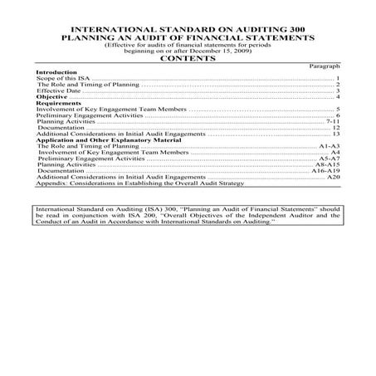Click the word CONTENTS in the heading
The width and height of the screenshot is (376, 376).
(188, 58)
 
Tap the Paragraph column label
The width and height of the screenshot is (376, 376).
(325, 66)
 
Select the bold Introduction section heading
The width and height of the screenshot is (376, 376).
(56, 72)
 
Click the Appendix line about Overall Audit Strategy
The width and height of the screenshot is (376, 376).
(125, 183)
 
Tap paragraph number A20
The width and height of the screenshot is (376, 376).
(334, 177)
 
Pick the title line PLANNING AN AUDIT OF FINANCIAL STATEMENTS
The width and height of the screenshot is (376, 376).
(188, 38)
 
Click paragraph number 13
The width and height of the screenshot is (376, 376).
(337, 134)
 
